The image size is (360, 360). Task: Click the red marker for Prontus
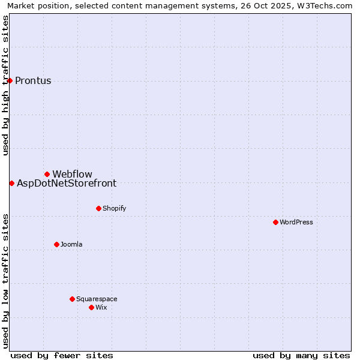[x=10, y=80]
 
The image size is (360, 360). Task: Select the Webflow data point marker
[x=47, y=174]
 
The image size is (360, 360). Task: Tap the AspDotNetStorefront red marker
[x=11, y=183]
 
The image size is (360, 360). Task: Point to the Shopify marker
[x=98, y=208]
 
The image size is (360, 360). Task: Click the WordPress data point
[x=275, y=222]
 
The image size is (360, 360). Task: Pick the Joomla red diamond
[x=56, y=244]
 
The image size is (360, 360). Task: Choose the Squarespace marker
[x=72, y=299]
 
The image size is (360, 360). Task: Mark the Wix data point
[x=91, y=307]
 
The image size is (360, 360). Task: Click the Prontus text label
[x=33, y=80]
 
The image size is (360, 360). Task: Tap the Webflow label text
[x=72, y=174]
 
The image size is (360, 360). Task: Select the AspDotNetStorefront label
[x=67, y=183]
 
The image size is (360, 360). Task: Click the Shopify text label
[x=114, y=208]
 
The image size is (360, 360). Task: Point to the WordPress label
[x=296, y=222]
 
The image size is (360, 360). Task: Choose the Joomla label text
[x=71, y=244]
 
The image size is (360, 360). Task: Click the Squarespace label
[x=97, y=299]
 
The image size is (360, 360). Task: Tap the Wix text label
[x=101, y=307]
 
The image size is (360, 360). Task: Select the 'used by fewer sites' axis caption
[x=62, y=355]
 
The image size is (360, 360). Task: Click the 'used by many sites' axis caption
[x=301, y=355]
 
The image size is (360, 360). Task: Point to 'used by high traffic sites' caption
[x=5, y=85]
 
